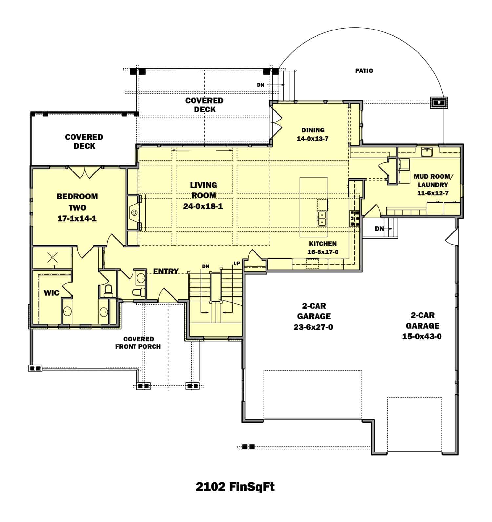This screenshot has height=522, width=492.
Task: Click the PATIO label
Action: coord(364,70)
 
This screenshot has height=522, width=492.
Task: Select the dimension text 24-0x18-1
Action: coord(203,207)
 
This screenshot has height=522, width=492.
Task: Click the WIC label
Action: coord(51,293)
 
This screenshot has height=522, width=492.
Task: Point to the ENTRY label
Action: coord(166,271)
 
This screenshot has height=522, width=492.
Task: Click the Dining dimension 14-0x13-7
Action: coord(313,139)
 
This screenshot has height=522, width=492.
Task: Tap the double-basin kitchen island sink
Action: coord(321,219)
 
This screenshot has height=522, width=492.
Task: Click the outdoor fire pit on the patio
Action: coord(439,103)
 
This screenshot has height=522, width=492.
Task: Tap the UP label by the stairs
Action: coord(237,263)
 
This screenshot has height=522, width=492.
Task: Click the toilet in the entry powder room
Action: coord(136,292)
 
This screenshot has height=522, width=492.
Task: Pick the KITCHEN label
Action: coord(322,244)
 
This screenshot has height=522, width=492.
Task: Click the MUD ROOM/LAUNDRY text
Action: coord(433,181)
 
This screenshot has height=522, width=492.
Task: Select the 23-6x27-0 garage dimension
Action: coord(313,327)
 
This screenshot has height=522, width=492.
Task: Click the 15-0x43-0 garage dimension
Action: coord(422,336)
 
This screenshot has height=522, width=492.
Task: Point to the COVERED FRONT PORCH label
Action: coord(138,343)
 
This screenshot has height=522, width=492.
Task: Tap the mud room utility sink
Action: coord(427,152)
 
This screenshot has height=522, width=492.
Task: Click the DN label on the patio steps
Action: coord(260,85)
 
